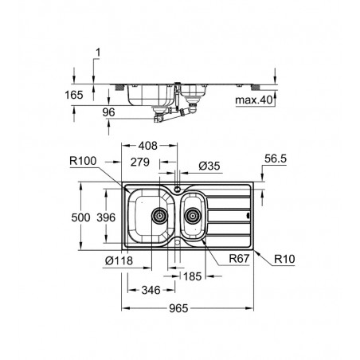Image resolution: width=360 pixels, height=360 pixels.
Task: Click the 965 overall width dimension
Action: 178,308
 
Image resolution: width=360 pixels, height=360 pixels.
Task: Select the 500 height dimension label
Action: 80,217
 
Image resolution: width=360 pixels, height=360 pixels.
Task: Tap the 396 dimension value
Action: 106,217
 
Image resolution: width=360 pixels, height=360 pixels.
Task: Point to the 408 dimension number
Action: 148,146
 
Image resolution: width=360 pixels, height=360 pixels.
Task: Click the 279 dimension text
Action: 140,162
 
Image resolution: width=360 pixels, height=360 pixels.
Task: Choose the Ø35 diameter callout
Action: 209,166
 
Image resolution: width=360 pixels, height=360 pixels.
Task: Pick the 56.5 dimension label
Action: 276,158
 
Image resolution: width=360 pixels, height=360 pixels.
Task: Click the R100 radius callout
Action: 83,161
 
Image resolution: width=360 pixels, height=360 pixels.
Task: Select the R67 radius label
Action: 239,258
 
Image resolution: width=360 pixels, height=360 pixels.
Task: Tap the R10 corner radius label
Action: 284,259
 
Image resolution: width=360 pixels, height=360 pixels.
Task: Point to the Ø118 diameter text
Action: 119,260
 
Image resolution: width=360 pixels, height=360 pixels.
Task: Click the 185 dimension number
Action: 193,276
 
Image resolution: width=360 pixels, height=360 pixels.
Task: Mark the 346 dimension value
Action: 151,290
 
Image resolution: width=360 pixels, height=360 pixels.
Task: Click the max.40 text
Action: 254,100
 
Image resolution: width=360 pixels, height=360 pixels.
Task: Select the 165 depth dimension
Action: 74,95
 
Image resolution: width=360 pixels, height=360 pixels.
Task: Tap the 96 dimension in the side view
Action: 108,112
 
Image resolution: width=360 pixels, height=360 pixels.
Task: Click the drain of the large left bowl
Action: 159,216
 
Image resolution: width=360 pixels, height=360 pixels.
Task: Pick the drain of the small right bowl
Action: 193,216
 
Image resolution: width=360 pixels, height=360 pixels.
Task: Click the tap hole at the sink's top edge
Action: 177,189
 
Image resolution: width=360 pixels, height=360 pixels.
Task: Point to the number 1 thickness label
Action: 98,53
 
